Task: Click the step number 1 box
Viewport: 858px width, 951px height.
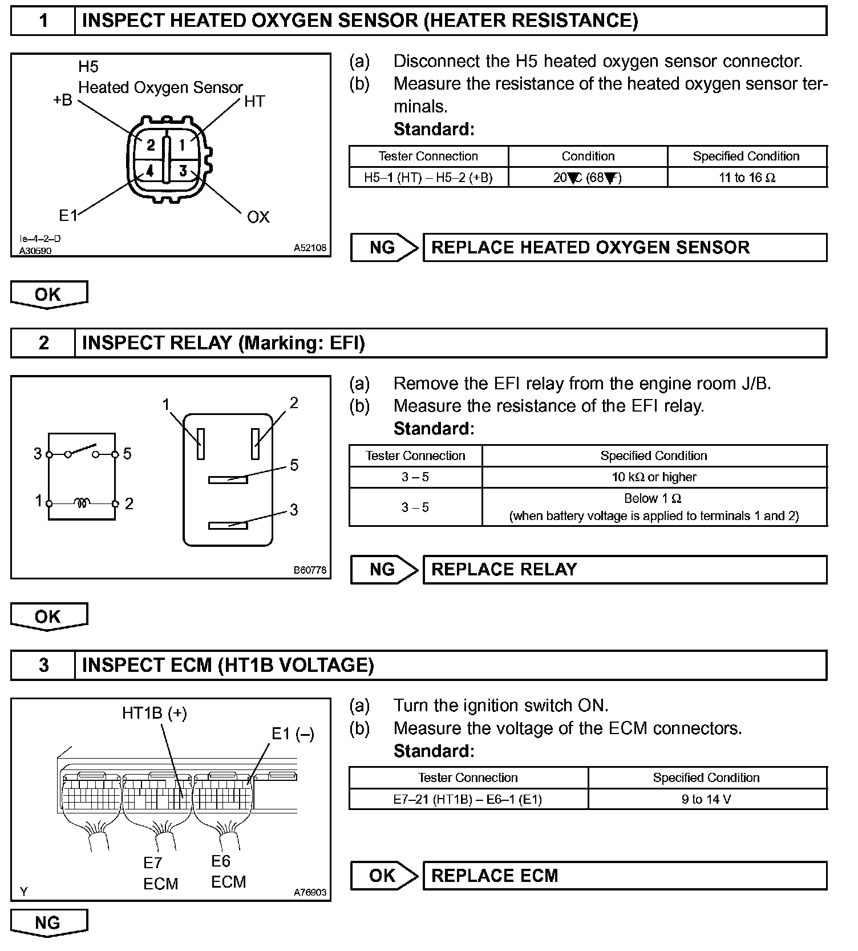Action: (x=43, y=21)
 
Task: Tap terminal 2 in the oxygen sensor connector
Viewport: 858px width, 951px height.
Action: (x=150, y=145)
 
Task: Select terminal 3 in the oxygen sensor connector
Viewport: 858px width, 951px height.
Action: (x=183, y=171)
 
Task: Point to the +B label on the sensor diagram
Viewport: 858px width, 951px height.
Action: (x=63, y=100)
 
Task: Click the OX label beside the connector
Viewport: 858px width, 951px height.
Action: (x=258, y=217)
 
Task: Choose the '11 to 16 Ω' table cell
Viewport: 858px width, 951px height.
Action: (x=747, y=178)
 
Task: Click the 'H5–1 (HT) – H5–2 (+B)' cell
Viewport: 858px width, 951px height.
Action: (x=428, y=178)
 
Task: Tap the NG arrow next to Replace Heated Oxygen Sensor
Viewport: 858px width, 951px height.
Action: (x=384, y=248)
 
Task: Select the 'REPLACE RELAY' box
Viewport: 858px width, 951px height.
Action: (x=625, y=570)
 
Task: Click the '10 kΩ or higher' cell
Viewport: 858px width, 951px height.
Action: (x=654, y=477)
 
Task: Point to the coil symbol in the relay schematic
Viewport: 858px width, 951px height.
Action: (x=82, y=503)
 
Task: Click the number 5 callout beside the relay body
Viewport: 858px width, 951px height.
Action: (x=294, y=465)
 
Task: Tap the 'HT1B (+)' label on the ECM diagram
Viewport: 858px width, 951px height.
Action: (x=155, y=713)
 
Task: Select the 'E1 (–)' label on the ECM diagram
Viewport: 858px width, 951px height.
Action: (x=293, y=734)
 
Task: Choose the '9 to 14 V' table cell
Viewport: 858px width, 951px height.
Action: (x=707, y=799)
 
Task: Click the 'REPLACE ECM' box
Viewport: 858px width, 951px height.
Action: (x=625, y=876)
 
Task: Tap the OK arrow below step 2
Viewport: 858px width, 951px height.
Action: (x=48, y=617)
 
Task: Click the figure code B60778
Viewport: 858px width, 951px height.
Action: (x=310, y=570)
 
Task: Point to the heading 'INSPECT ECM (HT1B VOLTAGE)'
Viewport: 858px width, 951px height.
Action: (x=228, y=666)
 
